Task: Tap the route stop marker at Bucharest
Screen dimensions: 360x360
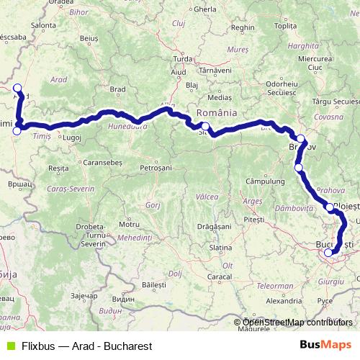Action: click(x=328, y=252)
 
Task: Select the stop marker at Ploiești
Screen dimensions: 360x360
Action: click(x=330, y=207)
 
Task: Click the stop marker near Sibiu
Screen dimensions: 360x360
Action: click(x=205, y=127)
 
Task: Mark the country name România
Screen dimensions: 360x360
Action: click(x=217, y=114)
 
